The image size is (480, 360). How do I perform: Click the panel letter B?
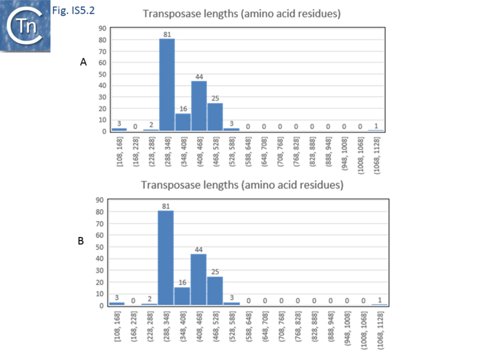click(x=81, y=241)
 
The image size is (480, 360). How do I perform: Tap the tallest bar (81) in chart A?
click(x=167, y=85)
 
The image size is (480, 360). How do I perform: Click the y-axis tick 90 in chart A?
click(x=103, y=28)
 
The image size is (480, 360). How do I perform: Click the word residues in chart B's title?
click(x=323, y=184)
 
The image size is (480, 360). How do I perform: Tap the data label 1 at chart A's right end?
click(x=376, y=125)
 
